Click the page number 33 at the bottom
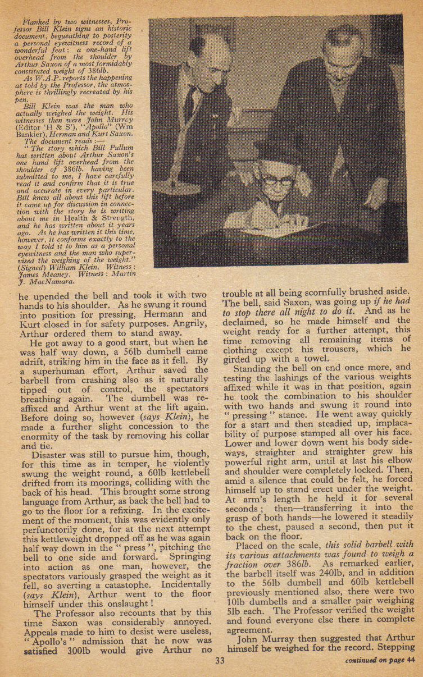[219, 661]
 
